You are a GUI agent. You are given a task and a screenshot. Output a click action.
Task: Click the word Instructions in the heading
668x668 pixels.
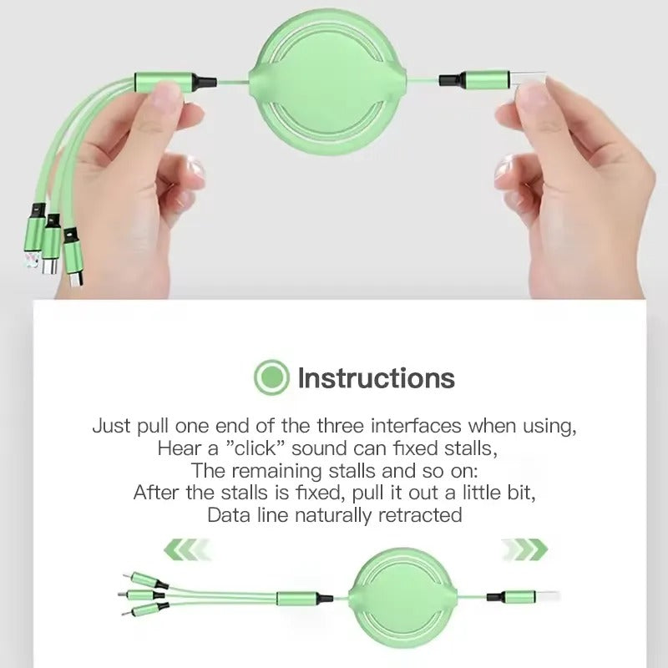click(x=377, y=378)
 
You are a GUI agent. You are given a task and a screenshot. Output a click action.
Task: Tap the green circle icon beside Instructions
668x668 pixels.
click(x=271, y=377)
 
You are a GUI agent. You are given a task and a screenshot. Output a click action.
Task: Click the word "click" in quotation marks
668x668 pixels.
click(x=254, y=448)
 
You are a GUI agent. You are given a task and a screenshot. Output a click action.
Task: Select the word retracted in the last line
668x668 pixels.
click(x=420, y=514)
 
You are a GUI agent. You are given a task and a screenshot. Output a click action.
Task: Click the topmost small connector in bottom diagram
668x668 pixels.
click(x=127, y=577)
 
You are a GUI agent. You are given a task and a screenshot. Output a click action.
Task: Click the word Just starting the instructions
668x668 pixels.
click(x=111, y=426)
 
